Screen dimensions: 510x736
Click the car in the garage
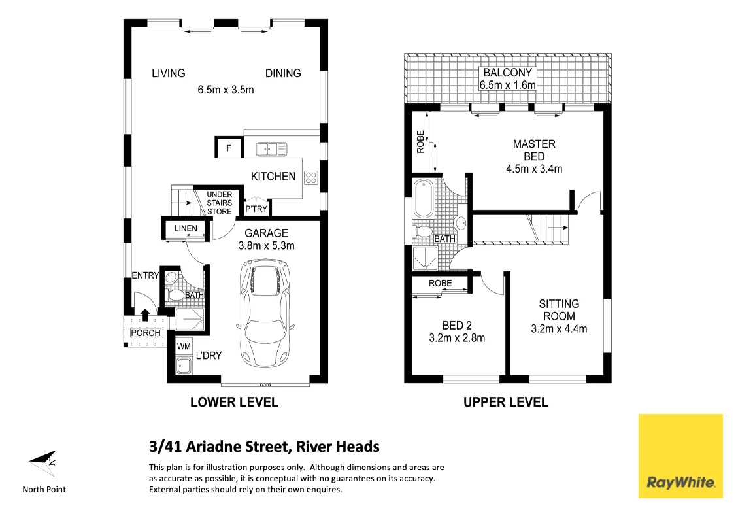[265, 316]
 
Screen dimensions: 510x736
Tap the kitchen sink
[271, 149]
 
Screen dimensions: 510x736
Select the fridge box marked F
[228, 148]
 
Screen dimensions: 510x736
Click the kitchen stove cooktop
[311, 177]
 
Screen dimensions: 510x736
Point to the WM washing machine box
[183, 345]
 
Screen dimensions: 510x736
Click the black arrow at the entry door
[144, 316]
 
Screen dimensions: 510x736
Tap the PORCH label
[145, 333]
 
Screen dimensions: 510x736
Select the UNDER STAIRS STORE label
[220, 203]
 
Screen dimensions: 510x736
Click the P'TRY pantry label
[256, 209]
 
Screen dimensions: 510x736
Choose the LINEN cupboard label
[186, 228]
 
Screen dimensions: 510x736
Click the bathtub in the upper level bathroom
[422, 199]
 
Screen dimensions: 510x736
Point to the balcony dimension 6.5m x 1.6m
[508, 85]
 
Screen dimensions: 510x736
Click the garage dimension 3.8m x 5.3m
[266, 246]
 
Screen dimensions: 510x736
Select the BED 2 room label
[457, 326]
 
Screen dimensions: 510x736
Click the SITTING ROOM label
[559, 310]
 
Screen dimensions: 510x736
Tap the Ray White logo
[680, 456]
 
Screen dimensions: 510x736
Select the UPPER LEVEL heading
[505, 402]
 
